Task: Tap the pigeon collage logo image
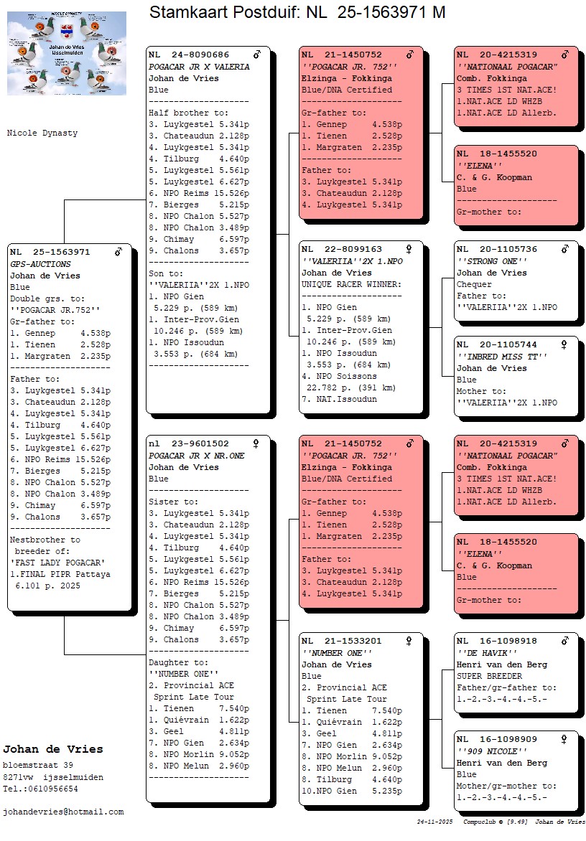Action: [67, 53]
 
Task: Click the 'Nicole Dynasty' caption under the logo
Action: [42, 133]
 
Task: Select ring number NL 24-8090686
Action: [189, 55]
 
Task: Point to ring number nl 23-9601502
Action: [189, 444]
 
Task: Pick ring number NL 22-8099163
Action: [342, 250]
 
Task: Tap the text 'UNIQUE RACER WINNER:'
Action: [351, 284]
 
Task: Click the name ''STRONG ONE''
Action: [492, 261]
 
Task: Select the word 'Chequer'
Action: [474, 284]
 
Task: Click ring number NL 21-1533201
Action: [342, 642]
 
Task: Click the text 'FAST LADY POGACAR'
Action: [57, 563]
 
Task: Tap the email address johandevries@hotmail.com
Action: [63, 812]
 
